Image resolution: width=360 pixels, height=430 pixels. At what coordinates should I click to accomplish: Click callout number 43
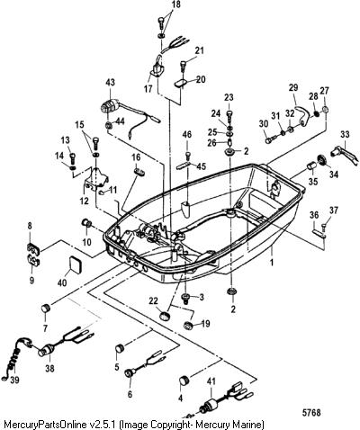(111, 83)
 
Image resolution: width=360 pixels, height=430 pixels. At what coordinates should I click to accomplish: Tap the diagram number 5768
(311, 413)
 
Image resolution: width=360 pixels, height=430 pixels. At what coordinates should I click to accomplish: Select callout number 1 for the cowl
(272, 263)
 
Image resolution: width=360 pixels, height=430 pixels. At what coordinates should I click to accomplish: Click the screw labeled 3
(186, 298)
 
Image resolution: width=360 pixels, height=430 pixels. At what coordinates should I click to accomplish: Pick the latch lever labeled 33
(344, 155)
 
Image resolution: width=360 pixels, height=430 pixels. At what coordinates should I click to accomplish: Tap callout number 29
(294, 88)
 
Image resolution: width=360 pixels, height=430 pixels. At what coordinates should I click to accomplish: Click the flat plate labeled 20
(182, 83)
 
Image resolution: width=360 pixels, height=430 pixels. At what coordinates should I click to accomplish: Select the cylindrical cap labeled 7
(46, 308)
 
